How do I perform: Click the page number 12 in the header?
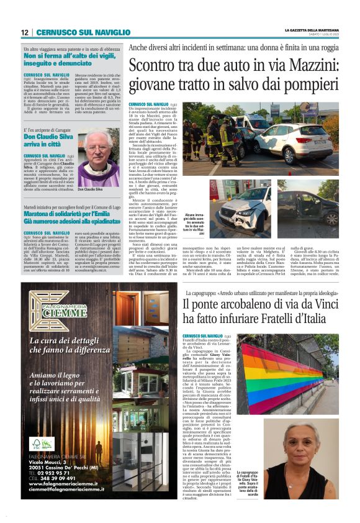pyautogui.click(x=24, y=32)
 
